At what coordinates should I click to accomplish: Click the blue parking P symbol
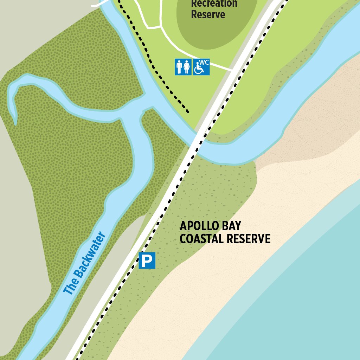coord(147,261)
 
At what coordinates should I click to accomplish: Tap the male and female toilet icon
coord(183,67)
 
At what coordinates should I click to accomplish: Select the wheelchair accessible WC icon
coord(201,67)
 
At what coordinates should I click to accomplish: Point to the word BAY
coord(233,226)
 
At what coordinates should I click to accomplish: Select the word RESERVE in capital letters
coord(248,239)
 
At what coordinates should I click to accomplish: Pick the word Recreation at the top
coord(214,4)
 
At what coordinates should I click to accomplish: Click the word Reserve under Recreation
coord(208,15)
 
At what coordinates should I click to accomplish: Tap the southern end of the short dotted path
coord(188,112)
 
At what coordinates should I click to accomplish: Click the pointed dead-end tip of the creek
coord(15,124)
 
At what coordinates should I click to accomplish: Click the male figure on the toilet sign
coord(179,67)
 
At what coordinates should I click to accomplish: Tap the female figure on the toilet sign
coord(187,67)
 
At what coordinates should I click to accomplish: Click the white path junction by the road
coord(232,70)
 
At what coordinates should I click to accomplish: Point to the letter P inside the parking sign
coord(147,261)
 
